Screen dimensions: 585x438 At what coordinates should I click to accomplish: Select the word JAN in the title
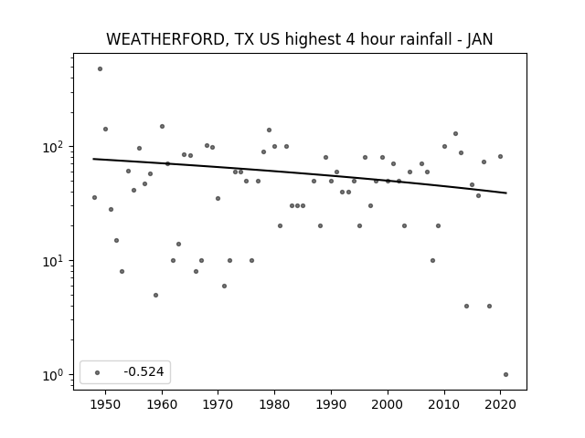(x=480, y=39)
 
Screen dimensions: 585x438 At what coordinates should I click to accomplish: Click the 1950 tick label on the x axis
(x=106, y=404)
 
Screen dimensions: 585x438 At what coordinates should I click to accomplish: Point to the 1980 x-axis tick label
(x=274, y=404)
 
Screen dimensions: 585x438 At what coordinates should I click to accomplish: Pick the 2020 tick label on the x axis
(x=500, y=404)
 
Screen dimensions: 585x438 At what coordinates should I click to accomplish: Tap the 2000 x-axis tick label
(x=388, y=404)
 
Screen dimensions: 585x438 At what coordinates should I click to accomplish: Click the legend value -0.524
(x=144, y=371)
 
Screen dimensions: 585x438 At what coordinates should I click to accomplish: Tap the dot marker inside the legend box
(x=98, y=372)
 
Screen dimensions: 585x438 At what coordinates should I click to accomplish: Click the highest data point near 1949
(x=100, y=69)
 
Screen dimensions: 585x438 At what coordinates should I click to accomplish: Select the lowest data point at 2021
(x=505, y=375)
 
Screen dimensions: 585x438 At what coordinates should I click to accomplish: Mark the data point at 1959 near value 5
(x=156, y=296)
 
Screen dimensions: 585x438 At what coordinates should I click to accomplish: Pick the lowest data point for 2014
(x=466, y=307)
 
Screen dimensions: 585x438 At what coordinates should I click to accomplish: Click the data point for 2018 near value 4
(x=490, y=307)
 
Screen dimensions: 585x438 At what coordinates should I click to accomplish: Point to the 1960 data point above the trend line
(x=162, y=127)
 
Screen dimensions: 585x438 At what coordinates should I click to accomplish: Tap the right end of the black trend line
(x=506, y=193)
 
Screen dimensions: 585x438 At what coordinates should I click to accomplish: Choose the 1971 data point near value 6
(x=224, y=286)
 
